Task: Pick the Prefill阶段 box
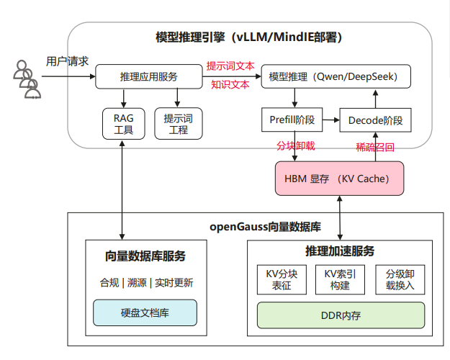pos(292,120)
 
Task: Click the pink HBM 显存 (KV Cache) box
pos(339,178)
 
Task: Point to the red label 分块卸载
pos(297,145)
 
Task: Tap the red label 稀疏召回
pos(375,145)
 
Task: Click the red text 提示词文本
pos(230,66)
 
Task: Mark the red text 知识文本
pos(230,84)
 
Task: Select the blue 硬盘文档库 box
pos(145,312)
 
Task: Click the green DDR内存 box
pos(340,315)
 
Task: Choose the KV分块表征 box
pos(282,279)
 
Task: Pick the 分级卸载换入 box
pos(400,279)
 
